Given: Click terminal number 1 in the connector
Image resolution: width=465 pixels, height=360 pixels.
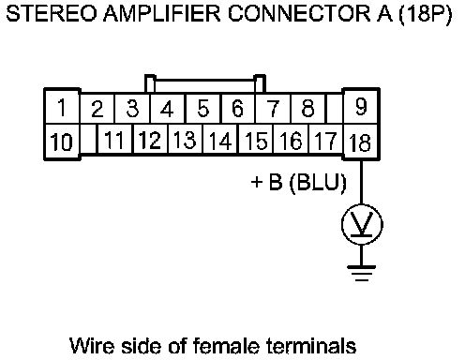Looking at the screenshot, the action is [x=62, y=108].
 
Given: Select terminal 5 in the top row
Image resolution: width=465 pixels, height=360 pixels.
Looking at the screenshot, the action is [x=203, y=108].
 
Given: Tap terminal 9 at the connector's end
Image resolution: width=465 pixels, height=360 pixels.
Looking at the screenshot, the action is [x=361, y=107].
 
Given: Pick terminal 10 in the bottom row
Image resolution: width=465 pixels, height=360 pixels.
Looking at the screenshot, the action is [x=62, y=142].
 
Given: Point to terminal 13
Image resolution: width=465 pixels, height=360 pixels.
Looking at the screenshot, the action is [x=185, y=140].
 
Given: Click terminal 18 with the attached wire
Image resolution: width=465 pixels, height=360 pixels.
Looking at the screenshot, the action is [x=361, y=142].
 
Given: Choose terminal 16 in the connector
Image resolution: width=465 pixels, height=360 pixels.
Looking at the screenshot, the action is [x=291, y=140].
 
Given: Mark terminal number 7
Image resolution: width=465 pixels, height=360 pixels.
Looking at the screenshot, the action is [x=273, y=108].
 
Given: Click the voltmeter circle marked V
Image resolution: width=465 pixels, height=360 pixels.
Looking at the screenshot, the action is [x=362, y=225].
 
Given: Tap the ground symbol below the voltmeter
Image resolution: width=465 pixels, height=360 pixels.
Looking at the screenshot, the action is [x=362, y=273].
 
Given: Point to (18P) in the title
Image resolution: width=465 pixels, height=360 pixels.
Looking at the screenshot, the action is [x=426, y=14].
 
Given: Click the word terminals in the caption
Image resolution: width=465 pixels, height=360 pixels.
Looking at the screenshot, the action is [x=311, y=346].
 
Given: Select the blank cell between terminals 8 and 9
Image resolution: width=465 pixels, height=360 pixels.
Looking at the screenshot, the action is [x=335, y=108].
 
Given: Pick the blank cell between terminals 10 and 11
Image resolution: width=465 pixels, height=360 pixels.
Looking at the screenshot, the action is [x=89, y=139].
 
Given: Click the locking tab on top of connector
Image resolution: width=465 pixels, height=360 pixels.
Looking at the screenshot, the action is [x=205, y=83].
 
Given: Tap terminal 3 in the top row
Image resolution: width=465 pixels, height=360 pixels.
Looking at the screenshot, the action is [x=132, y=108].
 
